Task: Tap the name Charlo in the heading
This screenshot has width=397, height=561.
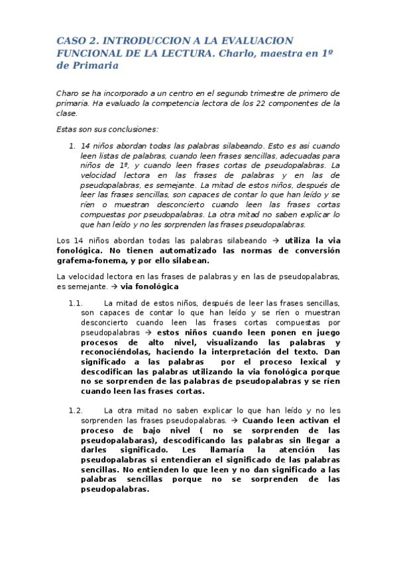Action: point(237,53)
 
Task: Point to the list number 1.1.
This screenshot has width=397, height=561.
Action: point(75,302)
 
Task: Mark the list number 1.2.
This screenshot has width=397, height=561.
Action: point(75,410)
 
